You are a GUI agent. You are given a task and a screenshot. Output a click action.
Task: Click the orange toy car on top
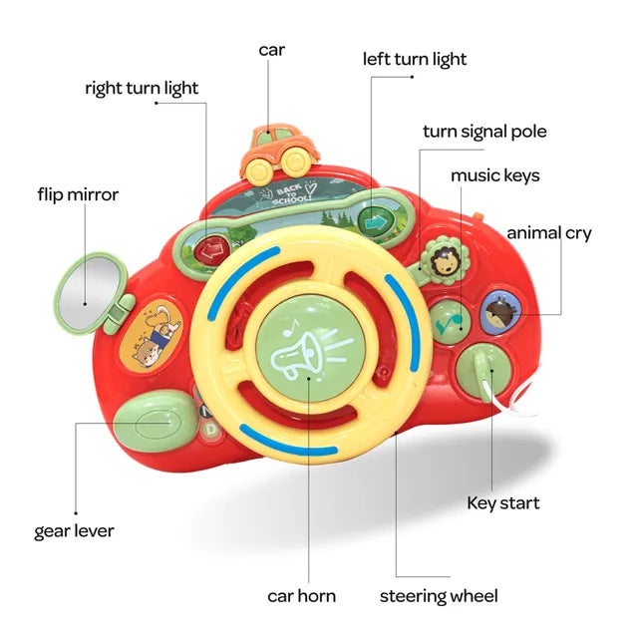(277, 149)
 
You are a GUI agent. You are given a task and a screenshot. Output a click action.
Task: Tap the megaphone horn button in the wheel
(307, 349)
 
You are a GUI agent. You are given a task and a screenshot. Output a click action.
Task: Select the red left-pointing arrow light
(211, 249)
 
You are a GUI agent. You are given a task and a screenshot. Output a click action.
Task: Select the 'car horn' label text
(301, 596)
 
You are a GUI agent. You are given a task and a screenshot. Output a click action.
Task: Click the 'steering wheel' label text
(439, 596)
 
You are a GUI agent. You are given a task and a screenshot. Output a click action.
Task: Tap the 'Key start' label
(502, 502)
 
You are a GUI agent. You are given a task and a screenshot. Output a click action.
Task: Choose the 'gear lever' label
(74, 530)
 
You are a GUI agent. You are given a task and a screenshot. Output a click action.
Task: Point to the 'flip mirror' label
(78, 194)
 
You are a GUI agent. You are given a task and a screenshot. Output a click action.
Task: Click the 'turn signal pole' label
(484, 132)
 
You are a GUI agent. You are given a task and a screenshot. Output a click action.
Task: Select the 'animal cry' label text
(548, 233)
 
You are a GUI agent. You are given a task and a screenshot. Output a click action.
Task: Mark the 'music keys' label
(494, 175)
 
